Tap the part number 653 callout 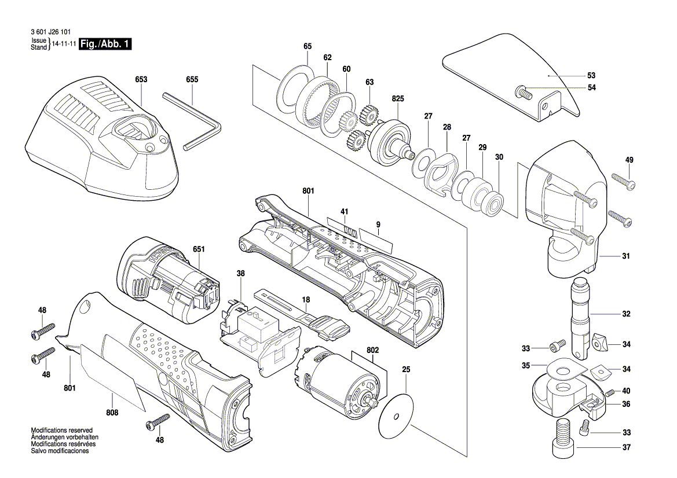[x=141, y=79]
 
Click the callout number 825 [x=398, y=99]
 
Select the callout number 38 [x=241, y=273]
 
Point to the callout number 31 [x=625, y=256]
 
